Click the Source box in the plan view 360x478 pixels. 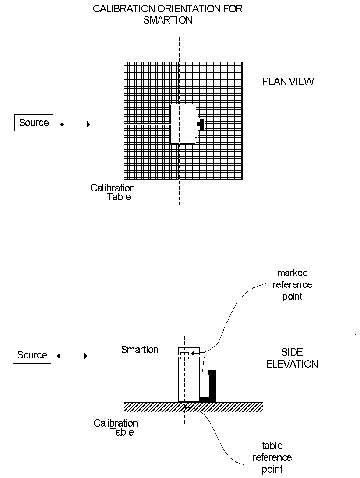34,123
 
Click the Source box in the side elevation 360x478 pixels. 32,355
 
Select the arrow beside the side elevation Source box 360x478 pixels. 74,356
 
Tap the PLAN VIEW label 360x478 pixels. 288,81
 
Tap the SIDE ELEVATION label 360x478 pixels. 292,358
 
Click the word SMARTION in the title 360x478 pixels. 168,20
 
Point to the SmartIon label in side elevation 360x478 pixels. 140,350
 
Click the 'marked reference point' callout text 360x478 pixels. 293,285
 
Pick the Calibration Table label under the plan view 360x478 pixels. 113,192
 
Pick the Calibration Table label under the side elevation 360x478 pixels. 116,428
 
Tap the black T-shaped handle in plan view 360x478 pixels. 201,124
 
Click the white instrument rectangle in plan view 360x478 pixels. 183,124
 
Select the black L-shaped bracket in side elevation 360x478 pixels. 212,388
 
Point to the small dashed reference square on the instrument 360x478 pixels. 184,355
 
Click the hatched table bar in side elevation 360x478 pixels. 228,407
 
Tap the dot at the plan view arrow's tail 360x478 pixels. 62,124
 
